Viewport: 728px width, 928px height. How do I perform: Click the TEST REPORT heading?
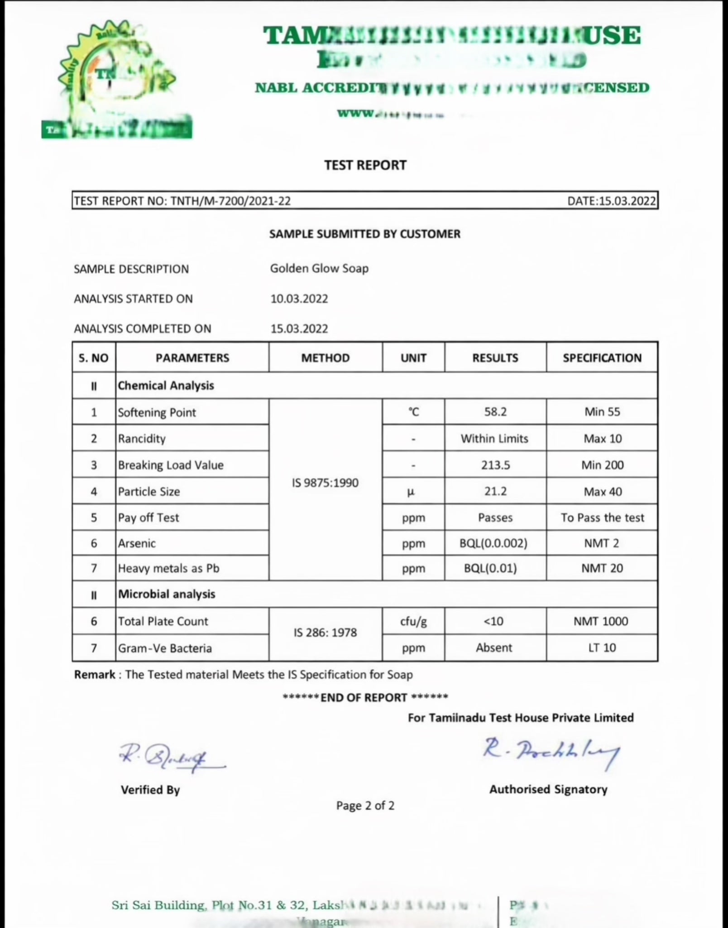pyautogui.click(x=365, y=165)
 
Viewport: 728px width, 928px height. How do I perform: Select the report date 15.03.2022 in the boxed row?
pyautogui.click(x=627, y=201)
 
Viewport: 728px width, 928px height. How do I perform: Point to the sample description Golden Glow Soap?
pyautogui.click(x=319, y=268)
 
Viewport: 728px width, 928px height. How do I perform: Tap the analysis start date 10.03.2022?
pyautogui.click(x=299, y=299)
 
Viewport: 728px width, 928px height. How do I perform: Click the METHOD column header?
pyautogui.click(x=325, y=358)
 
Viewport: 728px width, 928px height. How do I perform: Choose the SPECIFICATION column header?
pyautogui.click(x=602, y=358)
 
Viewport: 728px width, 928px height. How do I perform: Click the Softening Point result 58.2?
pyautogui.click(x=495, y=412)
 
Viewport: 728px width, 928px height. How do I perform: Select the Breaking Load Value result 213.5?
pyautogui.click(x=495, y=465)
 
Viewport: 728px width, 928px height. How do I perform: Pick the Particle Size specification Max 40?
pyautogui.click(x=602, y=492)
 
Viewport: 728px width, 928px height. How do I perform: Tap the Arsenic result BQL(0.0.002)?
pyautogui.click(x=493, y=543)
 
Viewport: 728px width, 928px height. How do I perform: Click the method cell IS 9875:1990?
pyautogui.click(x=325, y=483)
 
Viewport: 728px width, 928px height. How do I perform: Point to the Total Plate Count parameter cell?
pyautogui.click(x=163, y=621)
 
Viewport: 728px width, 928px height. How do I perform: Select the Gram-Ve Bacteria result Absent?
pyautogui.click(x=493, y=648)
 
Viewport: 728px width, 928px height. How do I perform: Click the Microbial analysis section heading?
pyautogui.click(x=167, y=594)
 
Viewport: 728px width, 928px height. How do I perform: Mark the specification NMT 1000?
pyautogui.click(x=601, y=621)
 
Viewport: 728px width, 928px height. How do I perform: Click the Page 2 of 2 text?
pyautogui.click(x=365, y=806)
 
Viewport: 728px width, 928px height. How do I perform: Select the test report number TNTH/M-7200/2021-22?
pyautogui.click(x=230, y=201)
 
